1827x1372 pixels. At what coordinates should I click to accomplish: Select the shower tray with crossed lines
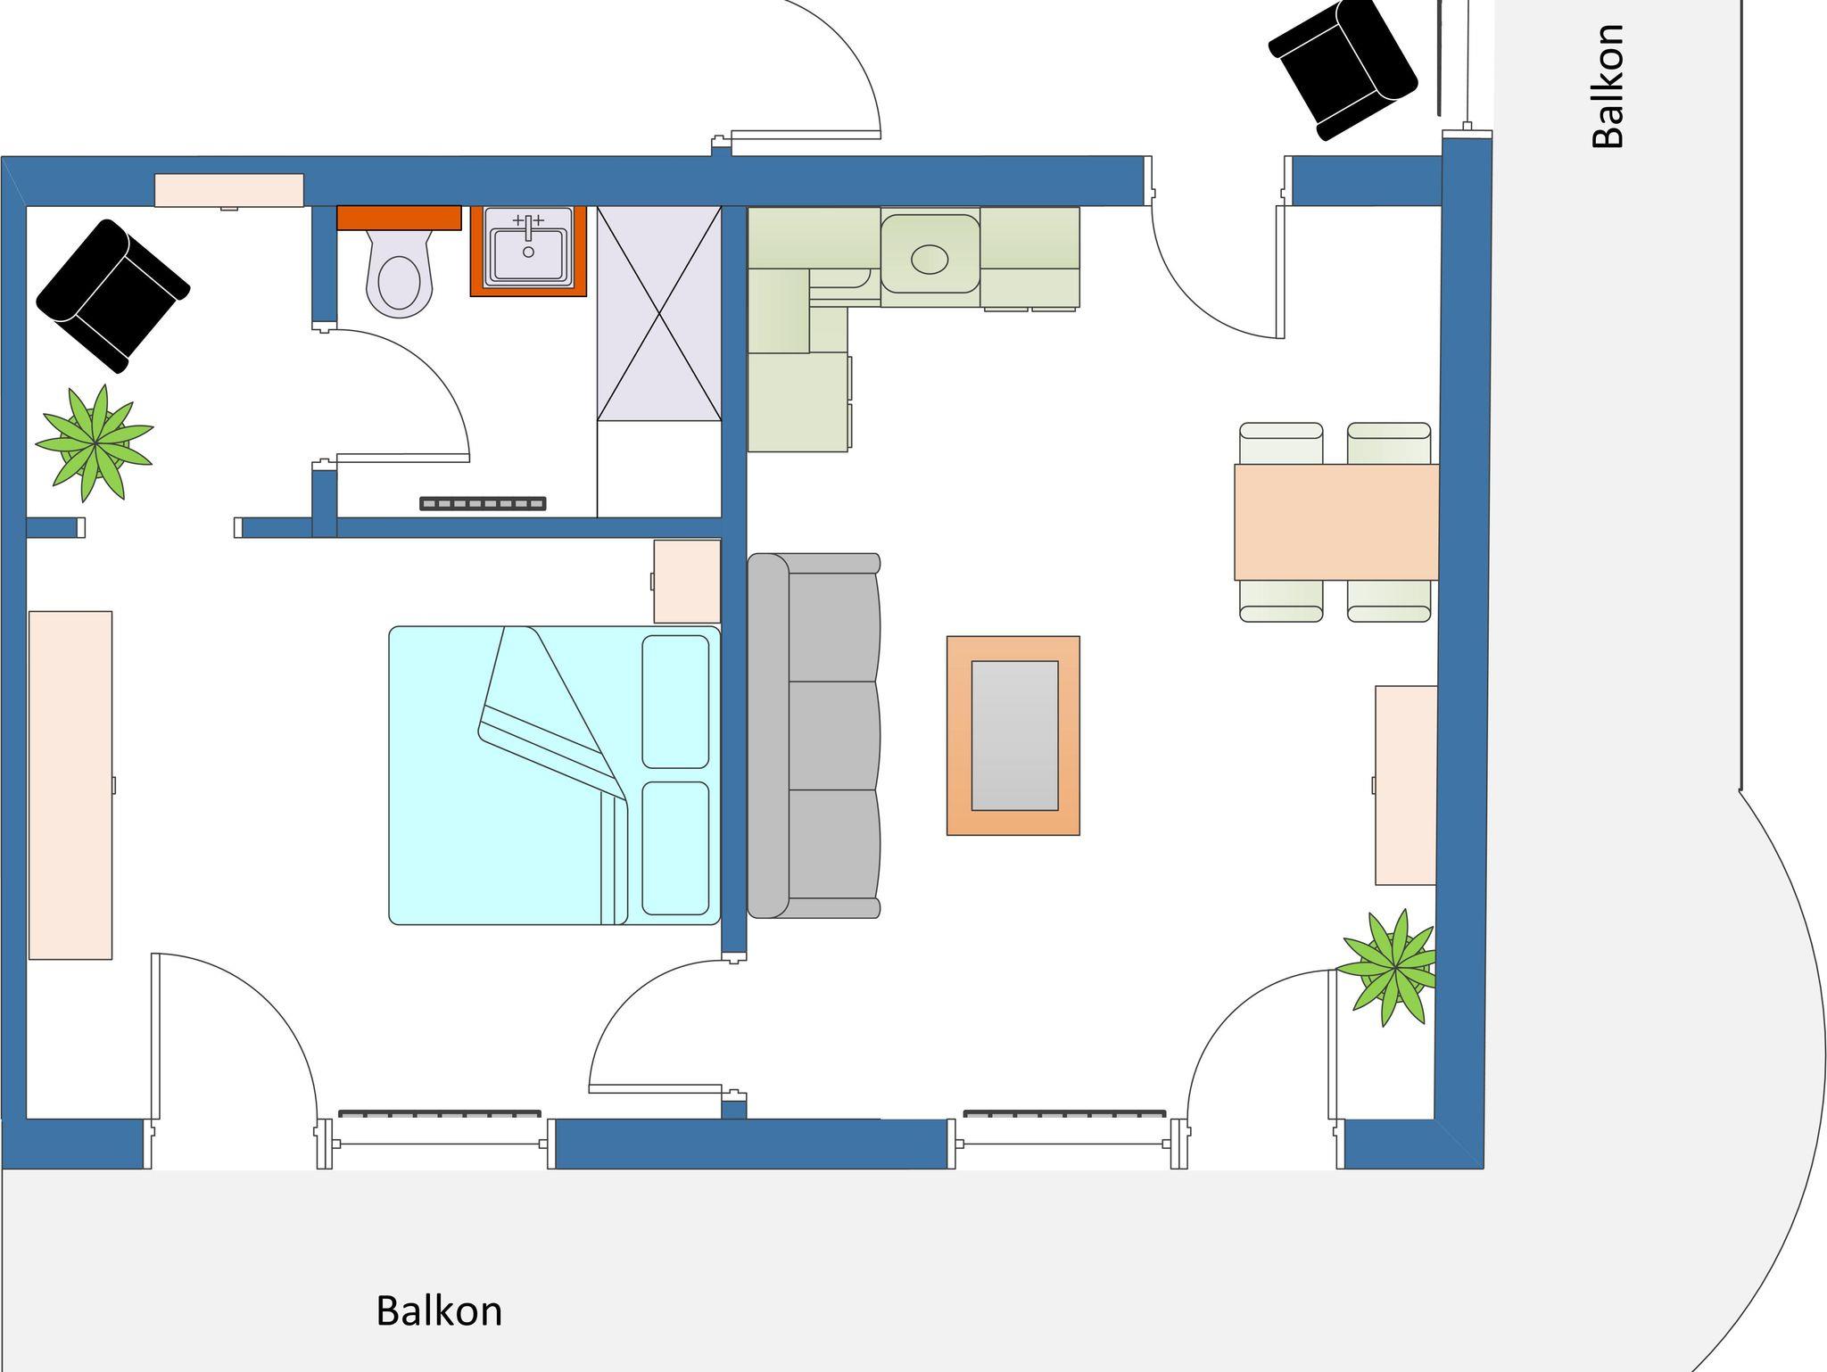click(658, 313)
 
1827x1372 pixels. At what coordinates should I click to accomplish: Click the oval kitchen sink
click(930, 260)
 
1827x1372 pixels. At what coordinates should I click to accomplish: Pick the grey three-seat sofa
click(814, 736)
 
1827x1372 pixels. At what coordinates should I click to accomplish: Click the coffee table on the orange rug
click(1014, 736)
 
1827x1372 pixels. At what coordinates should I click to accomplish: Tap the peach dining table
click(1336, 522)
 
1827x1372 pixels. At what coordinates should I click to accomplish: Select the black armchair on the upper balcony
click(1343, 69)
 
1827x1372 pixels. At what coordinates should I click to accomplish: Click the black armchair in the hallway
click(112, 295)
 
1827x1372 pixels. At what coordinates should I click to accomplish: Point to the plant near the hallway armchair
click(95, 442)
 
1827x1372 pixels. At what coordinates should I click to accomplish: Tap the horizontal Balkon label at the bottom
click(439, 1311)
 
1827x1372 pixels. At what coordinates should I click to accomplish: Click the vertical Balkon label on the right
click(1608, 86)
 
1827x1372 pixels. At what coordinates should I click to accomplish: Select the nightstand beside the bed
click(687, 581)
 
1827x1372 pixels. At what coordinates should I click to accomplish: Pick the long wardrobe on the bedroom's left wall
click(70, 785)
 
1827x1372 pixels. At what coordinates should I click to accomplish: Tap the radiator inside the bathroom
click(483, 504)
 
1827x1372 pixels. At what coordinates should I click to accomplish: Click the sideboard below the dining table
click(1406, 785)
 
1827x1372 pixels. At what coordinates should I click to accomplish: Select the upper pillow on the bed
click(675, 701)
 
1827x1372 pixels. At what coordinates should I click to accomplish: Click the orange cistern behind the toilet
click(399, 218)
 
